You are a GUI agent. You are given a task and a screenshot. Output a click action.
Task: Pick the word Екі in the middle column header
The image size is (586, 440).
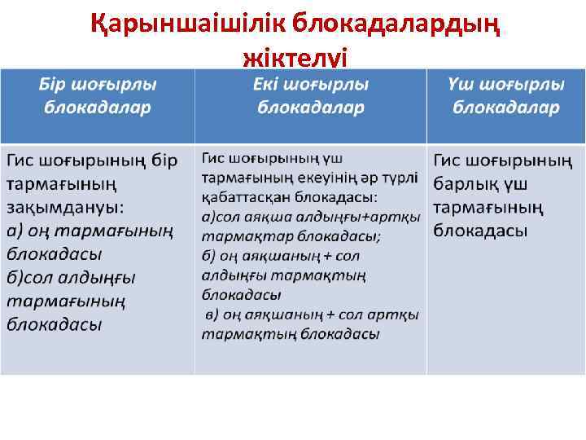click(269, 86)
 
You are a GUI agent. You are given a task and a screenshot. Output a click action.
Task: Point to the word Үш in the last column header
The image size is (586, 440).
click(461, 86)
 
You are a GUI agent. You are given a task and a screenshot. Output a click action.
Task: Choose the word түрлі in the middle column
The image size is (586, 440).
click(400, 178)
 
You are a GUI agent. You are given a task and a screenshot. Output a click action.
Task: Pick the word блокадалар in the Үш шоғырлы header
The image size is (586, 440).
click(505, 108)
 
